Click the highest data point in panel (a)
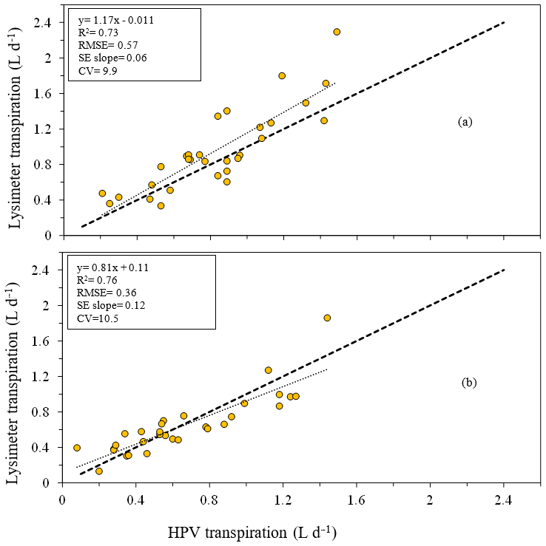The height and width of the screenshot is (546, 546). pyautogui.click(x=337, y=32)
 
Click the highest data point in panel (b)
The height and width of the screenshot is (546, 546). pyautogui.click(x=327, y=318)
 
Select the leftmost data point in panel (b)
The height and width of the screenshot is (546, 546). pyautogui.click(x=77, y=448)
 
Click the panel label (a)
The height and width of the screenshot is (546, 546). pyautogui.click(x=465, y=123)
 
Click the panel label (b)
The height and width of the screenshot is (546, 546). pyautogui.click(x=469, y=383)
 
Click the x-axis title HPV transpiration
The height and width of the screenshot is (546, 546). pyautogui.click(x=268, y=531)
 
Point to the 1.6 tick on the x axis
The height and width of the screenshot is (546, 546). pyautogui.click(x=357, y=500)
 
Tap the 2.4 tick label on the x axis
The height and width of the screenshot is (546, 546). pyautogui.click(x=503, y=500)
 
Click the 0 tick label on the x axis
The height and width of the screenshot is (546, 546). pyautogui.click(x=62, y=500)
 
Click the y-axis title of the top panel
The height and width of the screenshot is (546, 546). pyautogui.click(x=16, y=129)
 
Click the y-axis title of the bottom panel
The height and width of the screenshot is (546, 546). pyautogui.click(x=16, y=377)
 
